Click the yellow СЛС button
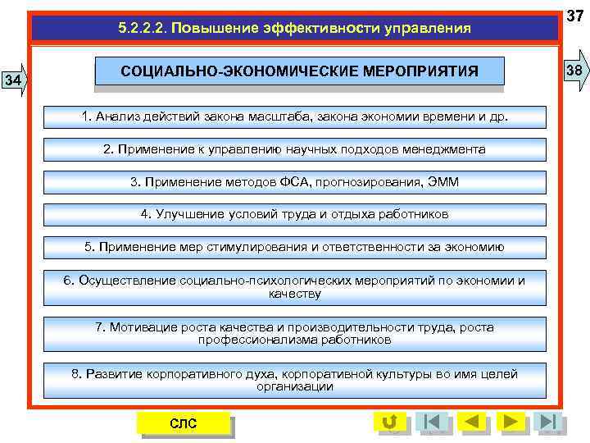click(x=183, y=422)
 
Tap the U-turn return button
click(x=390, y=422)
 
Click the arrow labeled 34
click(x=14, y=80)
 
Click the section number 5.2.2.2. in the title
click(x=142, y=29)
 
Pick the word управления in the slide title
click(x=425, y=29)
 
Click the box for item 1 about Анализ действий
click(x=294, y=116)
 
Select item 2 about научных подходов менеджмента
click(x=294, y=149)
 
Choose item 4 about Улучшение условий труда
click(x=294, y=214)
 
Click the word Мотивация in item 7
click(x=138, y=327)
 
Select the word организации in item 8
click(x=294, y=386)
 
